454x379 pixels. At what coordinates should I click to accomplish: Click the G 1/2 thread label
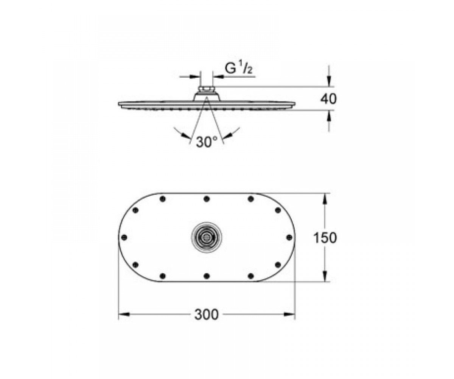click(x=239, y=68)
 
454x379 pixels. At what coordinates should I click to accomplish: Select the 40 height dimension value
click(x=328, y=99)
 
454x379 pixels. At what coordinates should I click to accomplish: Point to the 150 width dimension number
click(x=325, y=237)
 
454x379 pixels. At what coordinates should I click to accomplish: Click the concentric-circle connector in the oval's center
click(x=207, y=237)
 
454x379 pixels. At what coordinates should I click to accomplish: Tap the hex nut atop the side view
click(x=207, y=89)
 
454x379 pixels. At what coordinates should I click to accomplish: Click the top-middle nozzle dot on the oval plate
click(x=207, y=199)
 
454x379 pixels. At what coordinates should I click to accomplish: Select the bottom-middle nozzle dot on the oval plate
click(x=207, y=276)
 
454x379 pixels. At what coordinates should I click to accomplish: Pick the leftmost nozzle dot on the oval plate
click(x=124, y=237)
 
